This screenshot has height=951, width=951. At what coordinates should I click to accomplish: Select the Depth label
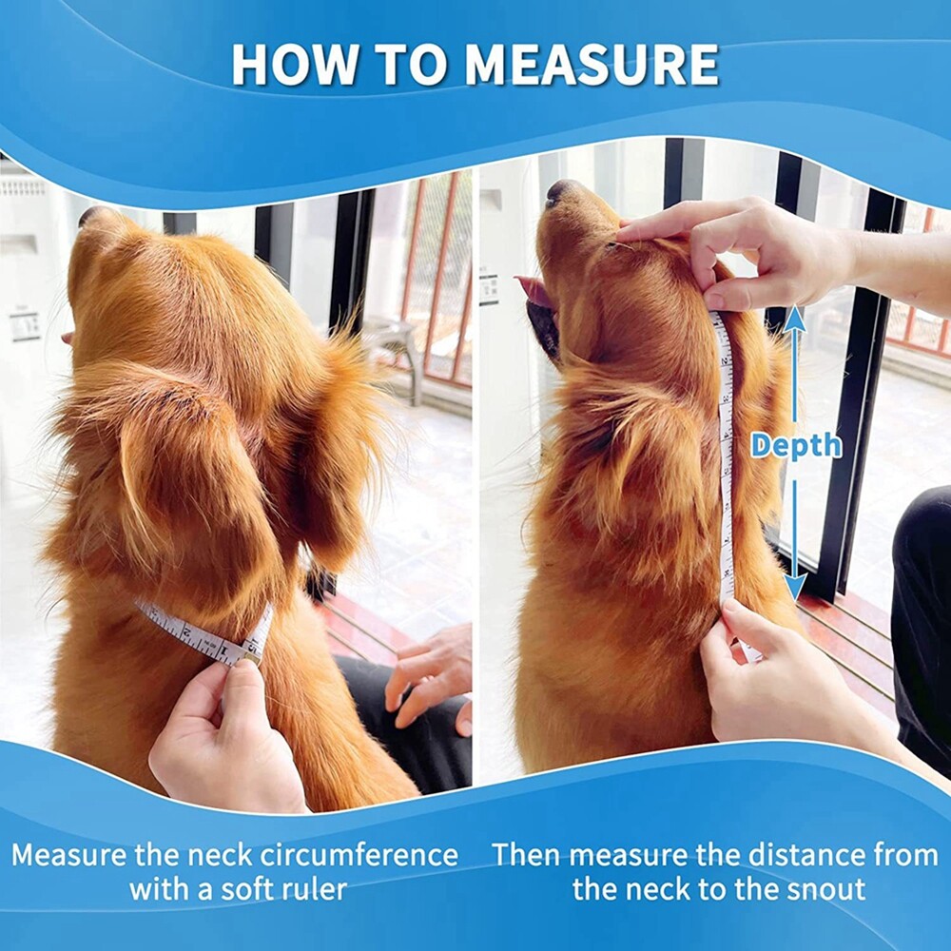click(x=795, y=445)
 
